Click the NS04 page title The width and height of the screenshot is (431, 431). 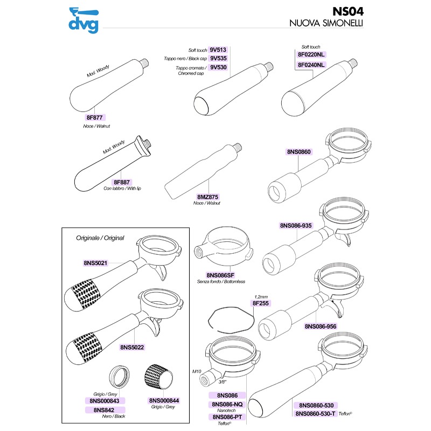(x=347, y=11)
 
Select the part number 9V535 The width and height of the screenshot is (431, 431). (x=218, y=58)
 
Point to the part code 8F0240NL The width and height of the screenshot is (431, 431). (x=311, y=65)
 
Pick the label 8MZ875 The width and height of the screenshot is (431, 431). (x=207, y=197)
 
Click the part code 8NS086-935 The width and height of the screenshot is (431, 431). (x=297, y=225)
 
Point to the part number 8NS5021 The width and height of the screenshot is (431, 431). (x=96, y=263)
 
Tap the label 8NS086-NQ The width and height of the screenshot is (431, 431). (x=228, y=404)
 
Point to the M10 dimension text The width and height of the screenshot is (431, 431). (x=196, y=371)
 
